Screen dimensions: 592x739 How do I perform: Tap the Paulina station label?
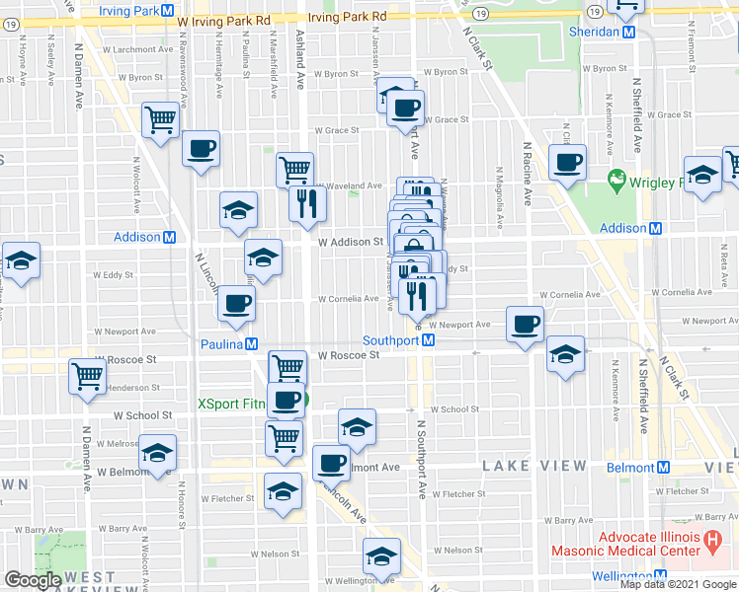coord(223,344)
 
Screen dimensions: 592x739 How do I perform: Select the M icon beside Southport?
coord(429,340)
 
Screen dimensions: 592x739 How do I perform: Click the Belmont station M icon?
coord(664,468)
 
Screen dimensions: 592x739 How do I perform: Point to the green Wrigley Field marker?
coord(617,181)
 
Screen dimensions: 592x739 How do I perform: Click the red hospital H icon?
coord(710,541)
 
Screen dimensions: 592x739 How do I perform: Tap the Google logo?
coord(33,580)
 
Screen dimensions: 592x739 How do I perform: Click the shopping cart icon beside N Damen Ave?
coord(87,376)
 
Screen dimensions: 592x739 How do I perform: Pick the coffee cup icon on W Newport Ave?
coord(525,323)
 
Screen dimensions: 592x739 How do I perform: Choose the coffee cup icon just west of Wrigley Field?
coord(567,162)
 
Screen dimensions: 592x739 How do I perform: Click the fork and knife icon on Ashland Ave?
coord(307,202)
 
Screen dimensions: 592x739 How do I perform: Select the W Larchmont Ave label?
coord(141,48)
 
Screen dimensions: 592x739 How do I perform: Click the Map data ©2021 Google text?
coord(678,584)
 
